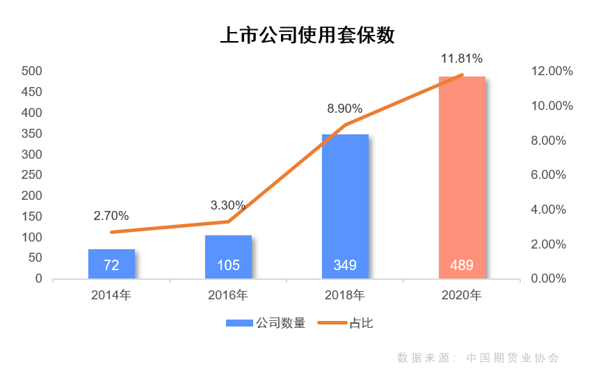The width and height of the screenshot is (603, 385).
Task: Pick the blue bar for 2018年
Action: (x=345, y=202)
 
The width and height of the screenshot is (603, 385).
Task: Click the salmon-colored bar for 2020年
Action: (x=462, y=174)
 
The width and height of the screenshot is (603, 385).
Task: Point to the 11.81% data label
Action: (x=462, y=58)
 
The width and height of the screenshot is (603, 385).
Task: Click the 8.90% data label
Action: (x=345, y=109)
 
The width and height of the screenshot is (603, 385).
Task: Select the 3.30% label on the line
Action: (x=228, y=205)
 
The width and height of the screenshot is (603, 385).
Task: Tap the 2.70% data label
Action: (x=111, y=216)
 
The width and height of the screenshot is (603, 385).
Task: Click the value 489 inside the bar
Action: (x=462, y=265)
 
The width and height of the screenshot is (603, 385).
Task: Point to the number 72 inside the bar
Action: (x=111, y=265)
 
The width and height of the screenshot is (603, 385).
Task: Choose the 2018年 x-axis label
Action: (x=345, y=295)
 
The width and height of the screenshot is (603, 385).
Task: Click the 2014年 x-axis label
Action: (x=111, y=295)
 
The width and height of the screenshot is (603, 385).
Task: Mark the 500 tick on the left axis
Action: (x=32, y=71)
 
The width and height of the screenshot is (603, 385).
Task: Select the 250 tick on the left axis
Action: (x=32, y=175)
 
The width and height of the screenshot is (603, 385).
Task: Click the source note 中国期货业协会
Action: (x=513, y=358)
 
